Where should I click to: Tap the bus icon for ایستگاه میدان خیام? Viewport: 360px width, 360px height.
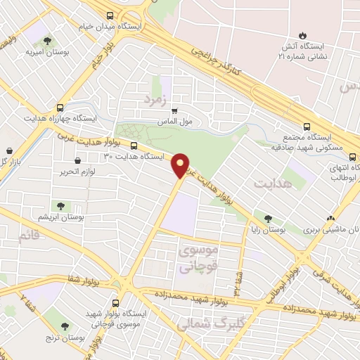109,15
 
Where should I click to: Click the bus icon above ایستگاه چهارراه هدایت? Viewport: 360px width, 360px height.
60,108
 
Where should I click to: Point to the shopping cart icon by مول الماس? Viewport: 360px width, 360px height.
174,110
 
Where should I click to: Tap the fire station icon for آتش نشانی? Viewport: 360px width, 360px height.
302,34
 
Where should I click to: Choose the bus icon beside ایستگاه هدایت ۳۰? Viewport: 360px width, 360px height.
134,147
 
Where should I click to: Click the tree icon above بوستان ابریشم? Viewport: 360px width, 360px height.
60,206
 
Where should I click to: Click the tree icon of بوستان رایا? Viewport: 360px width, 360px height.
267,218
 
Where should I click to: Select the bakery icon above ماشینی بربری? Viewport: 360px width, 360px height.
330,217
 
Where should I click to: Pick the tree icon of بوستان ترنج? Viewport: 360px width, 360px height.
65,326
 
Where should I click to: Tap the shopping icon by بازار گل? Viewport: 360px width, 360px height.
8,150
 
